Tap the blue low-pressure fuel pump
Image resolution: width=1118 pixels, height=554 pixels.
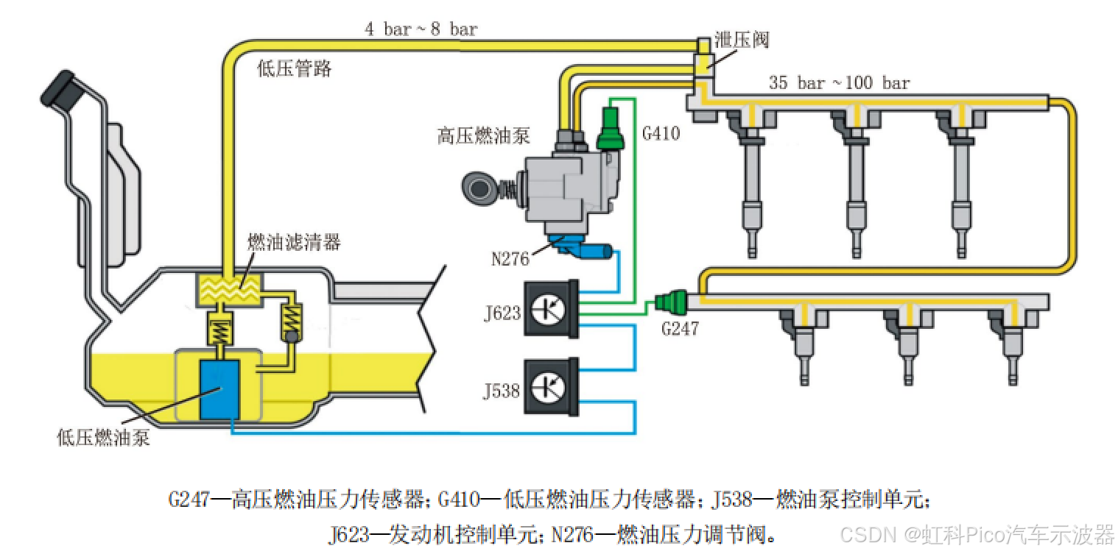tap(219, 388)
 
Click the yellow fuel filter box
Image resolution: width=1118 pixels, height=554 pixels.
tap(227, 289)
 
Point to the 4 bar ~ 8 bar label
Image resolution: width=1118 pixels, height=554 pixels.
tap(421, 29)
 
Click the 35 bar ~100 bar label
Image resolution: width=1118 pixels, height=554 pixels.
tap(839, 82)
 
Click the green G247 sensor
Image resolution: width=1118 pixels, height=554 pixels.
tap(667, 302)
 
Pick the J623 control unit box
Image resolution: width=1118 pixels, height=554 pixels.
tap(550, 309)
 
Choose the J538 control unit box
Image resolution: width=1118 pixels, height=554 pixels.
tap(550, 386)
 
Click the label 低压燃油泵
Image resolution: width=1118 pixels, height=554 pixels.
tap(103, 438)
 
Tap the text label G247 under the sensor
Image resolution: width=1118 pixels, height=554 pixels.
tap(680, 329)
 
